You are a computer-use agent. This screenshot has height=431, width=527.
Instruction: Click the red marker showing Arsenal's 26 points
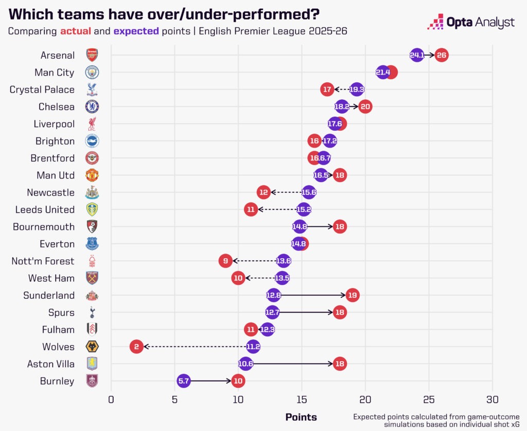(441, 55)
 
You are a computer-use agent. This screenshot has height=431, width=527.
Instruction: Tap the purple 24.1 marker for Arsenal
(417, 55)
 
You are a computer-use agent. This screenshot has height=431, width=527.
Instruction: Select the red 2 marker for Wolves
(136, 347)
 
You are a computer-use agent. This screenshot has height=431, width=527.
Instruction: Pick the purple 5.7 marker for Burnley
(184, 381)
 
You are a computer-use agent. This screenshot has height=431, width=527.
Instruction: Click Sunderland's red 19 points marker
(352, 295)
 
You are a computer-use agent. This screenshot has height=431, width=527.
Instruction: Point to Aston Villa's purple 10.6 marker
(246, 364)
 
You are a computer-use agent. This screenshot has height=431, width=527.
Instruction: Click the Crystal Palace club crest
(92, 89)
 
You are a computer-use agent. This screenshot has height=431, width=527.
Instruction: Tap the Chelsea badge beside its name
(92, 106)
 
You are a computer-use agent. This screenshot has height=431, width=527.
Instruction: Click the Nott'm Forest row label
(43, 261)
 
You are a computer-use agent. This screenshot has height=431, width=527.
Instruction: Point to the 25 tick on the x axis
(429, 399)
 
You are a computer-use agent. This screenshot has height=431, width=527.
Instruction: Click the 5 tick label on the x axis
(174, 399)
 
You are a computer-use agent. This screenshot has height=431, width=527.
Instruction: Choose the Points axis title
(301, 417)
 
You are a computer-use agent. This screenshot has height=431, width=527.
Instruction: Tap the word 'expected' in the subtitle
(136, 31)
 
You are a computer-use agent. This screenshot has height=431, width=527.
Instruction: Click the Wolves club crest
(92, 347)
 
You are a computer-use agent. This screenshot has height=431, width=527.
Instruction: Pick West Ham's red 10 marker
(238, 278)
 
